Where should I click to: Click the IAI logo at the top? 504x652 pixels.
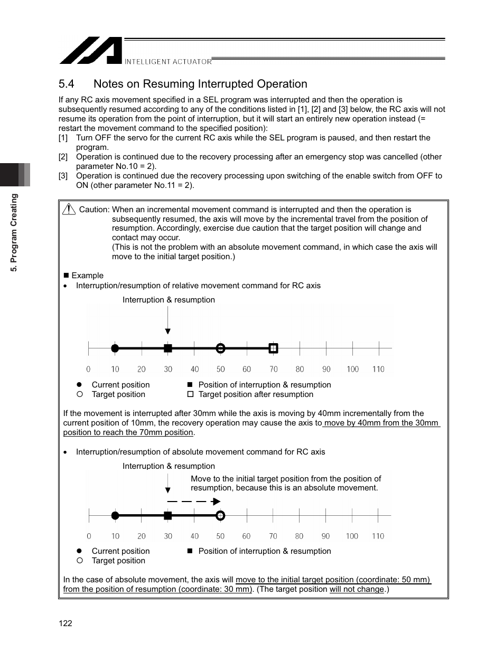[x=90, y=51]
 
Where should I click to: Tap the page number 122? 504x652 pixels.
[x=66, y=623]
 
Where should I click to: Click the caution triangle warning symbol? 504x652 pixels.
[x=69, y=210]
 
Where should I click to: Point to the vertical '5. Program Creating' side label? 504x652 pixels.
[x=15, y=232]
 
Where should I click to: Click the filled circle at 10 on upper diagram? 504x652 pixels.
[x=115, y=348]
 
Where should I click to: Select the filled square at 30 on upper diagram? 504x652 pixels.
[x=168, y=348]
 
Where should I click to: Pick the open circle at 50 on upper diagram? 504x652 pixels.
[x=221, y=348]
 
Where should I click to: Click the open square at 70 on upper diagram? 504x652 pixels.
[x=273, y=348]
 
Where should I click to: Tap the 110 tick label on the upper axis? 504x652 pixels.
[x=378, y=369]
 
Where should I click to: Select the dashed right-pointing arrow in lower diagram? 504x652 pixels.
[x=193, y=502]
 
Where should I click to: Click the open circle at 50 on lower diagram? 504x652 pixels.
[x=221, y=515]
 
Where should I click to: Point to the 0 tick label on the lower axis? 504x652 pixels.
[x=89, y=536]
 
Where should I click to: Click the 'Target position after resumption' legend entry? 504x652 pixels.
[x=256, y=394]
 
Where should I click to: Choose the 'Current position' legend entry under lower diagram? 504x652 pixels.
[x=120, y=551]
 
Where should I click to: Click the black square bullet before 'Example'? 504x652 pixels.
[x=67, y=276]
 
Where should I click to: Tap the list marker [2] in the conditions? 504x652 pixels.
[x=63, y=157]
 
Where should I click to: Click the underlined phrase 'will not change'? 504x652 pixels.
[x=357, y=589]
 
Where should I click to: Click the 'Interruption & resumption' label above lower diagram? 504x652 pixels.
[x=169, y=466]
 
